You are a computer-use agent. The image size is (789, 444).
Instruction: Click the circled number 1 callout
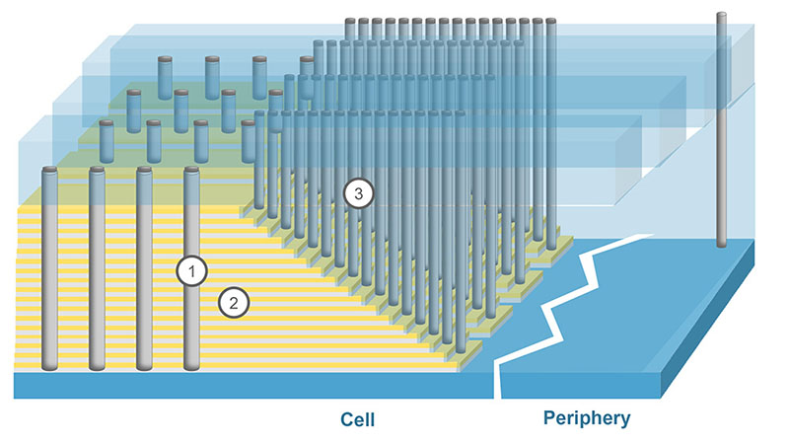point(191,270)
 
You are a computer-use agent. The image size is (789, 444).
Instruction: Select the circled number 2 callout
point(233,303)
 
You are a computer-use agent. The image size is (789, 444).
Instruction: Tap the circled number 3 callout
point(359,194)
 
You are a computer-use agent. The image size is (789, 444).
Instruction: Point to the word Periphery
point(586,418)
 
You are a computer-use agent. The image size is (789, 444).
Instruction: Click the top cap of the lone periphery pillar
point(721,16)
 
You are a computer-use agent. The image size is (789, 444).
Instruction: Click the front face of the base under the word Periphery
point(592,386)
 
